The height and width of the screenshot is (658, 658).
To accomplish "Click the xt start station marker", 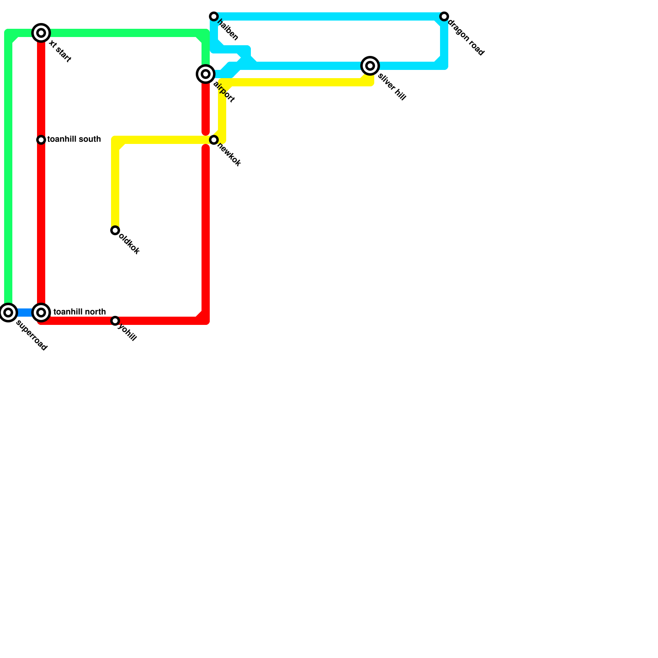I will click(41, 33).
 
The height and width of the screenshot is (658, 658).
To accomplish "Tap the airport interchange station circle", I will click(206, 74).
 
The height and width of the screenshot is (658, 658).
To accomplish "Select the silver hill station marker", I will click(370, 66).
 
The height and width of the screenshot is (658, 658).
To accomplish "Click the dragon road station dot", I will click(444, 16).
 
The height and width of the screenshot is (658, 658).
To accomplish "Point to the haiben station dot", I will click(214, 16).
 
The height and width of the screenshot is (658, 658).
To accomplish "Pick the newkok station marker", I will click(214, 140).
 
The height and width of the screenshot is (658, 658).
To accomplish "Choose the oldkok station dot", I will click(115, 230).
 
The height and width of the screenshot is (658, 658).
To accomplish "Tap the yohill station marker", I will click(115, 321).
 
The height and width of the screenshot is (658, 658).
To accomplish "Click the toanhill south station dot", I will click(41, 140).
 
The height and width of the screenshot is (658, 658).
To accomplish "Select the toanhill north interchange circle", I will click(41, 313).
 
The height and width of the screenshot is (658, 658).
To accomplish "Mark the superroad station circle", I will click(8, 313).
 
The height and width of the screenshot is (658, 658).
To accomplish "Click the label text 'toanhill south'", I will click(74, 139).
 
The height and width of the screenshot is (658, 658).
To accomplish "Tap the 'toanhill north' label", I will click(80, 312).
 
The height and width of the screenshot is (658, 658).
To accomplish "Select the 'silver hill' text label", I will click(392, 87).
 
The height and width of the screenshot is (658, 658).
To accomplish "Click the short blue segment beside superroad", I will click(24, 313).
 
